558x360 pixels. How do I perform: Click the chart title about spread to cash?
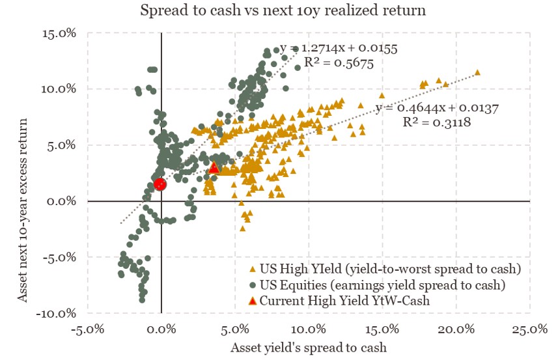(278, 11)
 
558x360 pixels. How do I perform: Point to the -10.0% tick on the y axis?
(57, 314)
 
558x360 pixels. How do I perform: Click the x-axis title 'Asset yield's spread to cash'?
(308, 347)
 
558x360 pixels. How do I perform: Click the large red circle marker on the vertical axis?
(160, 184)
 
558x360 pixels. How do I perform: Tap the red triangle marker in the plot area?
(214, 167)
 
